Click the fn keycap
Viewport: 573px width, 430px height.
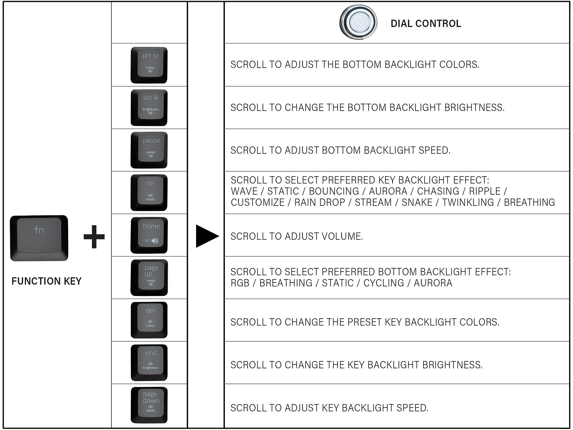click(39, 238)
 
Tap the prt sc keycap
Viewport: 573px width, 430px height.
click(149, 65)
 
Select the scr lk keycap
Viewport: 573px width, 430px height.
click(149, 107)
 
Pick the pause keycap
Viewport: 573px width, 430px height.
click(149, 150)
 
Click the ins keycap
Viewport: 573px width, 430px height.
click(149, 193)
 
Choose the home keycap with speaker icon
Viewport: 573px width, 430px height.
click(149, 235)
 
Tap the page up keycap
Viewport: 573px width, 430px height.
click(149, 278)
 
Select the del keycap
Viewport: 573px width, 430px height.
click(149, 320)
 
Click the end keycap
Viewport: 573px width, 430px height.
click(149, 363)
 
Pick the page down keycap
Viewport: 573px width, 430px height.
click(149, 405)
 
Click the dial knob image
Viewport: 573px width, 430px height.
click(358, 22)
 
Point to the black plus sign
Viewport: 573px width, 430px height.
click(94, 236)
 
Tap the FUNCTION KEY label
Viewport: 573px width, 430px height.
click(47, 281)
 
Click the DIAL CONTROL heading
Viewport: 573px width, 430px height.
click(426, 24)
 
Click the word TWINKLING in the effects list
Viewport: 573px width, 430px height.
click(468, 202)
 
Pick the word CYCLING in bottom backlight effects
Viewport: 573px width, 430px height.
click(384, 283)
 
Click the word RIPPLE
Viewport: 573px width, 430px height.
click(485, 191)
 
